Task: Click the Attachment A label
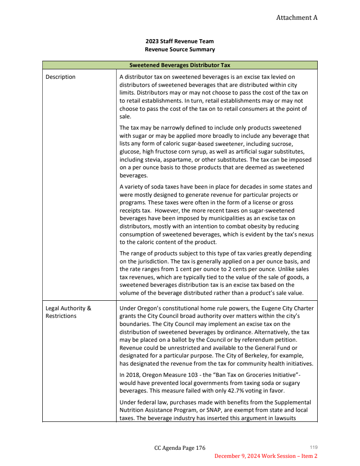[297, 18]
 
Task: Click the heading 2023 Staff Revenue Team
[180, 41]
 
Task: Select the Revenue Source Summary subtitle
[180, 50]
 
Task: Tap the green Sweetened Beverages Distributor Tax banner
[180, 65]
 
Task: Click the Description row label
[61, 77]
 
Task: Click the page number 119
[314, 447]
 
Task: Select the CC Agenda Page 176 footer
[180, 448]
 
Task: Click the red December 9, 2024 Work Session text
[265, 456]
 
